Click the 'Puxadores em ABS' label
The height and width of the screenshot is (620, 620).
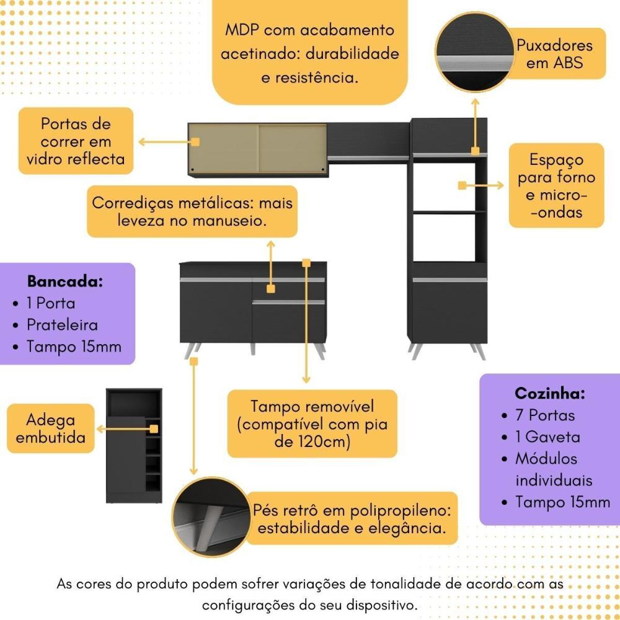555,53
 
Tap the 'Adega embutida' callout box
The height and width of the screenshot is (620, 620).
51,428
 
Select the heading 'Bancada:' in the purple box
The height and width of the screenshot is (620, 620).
64,281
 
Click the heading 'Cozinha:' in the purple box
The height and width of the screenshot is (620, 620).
550,393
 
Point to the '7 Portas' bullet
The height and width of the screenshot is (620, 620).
545,415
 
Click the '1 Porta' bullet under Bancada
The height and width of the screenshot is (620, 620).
51,303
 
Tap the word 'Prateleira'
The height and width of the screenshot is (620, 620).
62,325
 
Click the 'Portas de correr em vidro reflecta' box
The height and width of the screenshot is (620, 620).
77,141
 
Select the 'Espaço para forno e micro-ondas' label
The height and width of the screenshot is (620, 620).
556,185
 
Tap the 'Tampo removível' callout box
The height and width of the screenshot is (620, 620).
312,424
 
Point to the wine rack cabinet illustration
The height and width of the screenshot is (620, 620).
134,446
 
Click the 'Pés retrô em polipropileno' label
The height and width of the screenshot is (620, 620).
352,519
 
